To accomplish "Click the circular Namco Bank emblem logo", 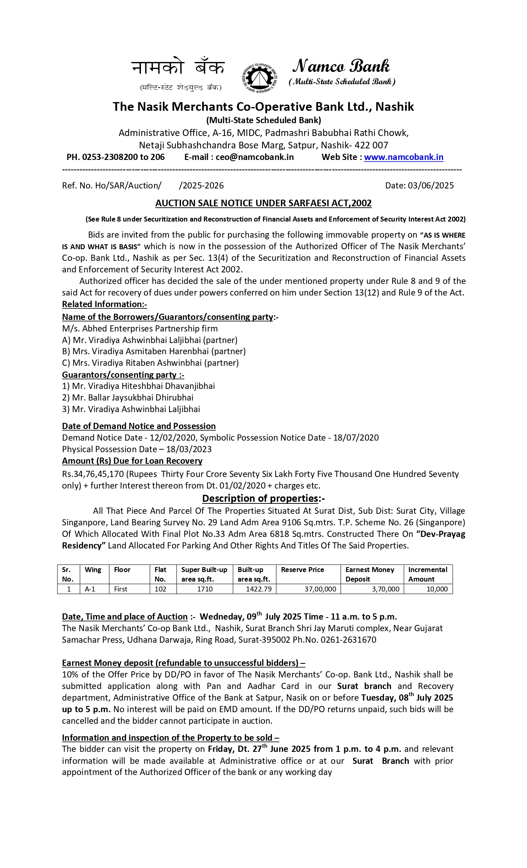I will [x=259, y=77].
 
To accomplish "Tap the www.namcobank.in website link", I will [x=403, y=157].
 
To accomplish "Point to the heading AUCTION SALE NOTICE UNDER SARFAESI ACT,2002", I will [x=263, y=203].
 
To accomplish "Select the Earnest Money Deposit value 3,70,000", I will [x=385, y=589].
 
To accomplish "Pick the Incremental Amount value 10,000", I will [x=437, y=589].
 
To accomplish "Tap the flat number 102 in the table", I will [x=160, y=589].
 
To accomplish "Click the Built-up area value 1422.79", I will [x=258, y=589].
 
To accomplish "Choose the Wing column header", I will [x=93, y=570].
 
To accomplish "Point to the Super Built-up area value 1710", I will [x=205, y=589].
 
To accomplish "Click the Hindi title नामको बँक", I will [x=178, y=67].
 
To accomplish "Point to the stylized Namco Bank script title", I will [x=341, y=66].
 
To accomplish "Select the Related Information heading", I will [x=104, y=304].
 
